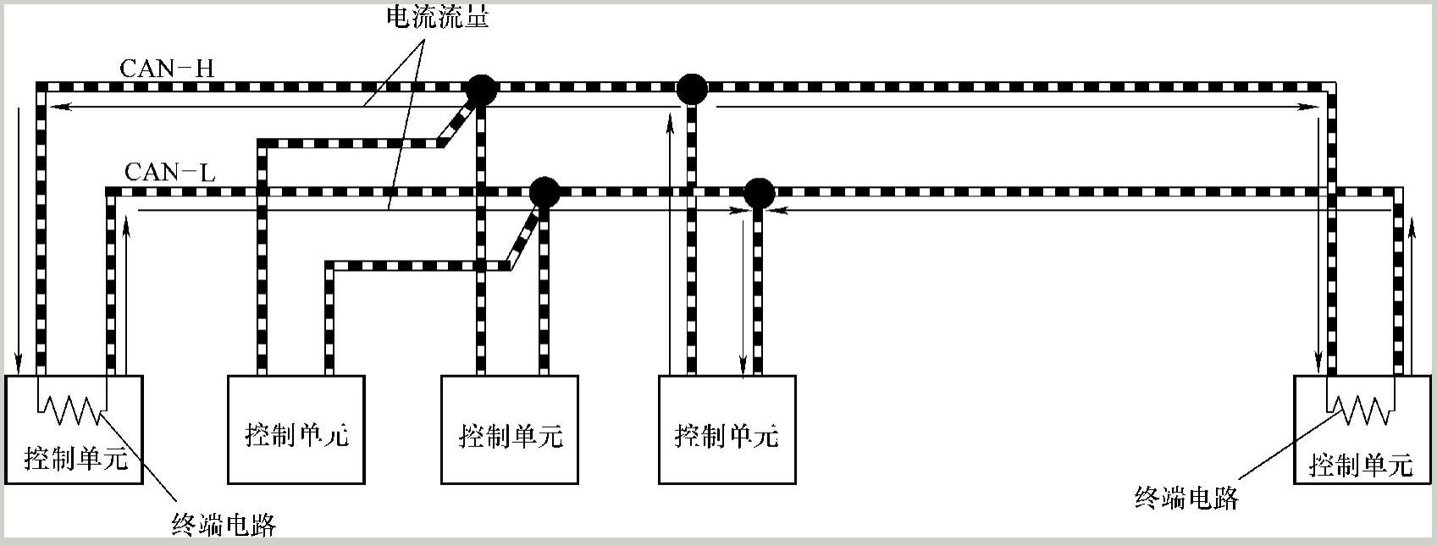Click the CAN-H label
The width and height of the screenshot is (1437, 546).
167,68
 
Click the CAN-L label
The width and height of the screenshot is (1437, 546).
169,173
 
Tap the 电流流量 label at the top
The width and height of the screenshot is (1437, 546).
438,17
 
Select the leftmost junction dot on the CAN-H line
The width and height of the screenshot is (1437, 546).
480,88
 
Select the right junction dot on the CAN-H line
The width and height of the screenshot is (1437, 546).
692,88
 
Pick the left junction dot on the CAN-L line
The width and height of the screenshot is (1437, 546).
544,193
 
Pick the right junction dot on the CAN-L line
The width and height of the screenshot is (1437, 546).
759,194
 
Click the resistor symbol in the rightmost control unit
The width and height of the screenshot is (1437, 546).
1361,411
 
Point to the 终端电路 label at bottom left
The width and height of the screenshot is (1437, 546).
224,525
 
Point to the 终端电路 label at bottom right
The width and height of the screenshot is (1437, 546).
1186,498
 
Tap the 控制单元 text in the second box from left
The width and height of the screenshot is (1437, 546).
296,435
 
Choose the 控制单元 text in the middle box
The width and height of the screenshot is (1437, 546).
511,436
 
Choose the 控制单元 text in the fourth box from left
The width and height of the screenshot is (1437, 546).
727,435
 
